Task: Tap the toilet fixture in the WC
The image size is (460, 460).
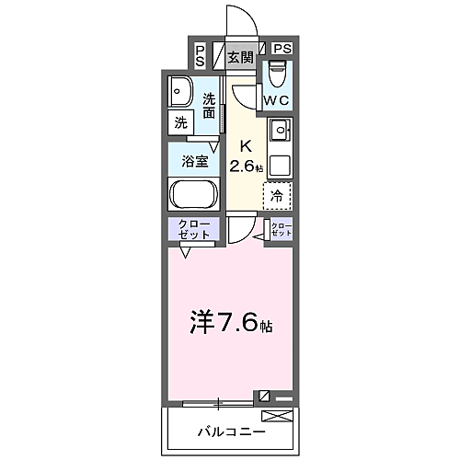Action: click(276, 73)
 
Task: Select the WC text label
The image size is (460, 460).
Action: click(276, 99)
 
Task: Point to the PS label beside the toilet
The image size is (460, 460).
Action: click(282, 49)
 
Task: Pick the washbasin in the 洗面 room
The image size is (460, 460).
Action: click(180, 92)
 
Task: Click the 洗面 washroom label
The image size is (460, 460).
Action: click(210, 106)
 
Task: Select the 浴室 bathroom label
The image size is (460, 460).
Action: click(193, 160)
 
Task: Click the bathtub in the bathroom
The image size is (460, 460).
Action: click(192, 195)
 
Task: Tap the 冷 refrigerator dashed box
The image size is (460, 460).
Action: click(277, 195)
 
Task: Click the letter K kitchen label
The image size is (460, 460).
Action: click(246, 145)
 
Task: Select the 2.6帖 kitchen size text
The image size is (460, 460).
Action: click(246, 167)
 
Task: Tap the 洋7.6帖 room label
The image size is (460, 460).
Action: click(232, 324)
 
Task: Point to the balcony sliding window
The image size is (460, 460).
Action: click(218, 401)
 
